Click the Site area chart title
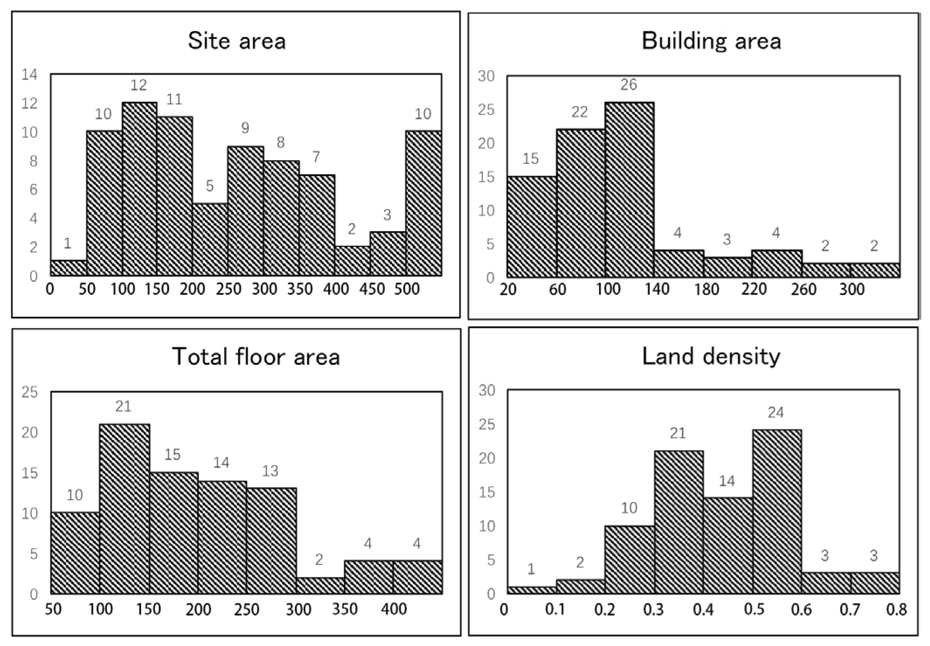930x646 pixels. [237, 41]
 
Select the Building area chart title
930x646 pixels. [711, 41]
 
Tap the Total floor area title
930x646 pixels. [256, 356]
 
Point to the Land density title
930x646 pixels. [711, 356]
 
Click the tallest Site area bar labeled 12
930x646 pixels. [139, 189]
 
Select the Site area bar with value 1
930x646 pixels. [69, 268]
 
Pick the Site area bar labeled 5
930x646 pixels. [210, 239]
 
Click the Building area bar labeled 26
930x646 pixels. [629, 190]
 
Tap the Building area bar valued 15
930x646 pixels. [532, 226]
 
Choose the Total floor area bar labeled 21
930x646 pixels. [125, 509]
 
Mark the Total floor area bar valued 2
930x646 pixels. [320, 585]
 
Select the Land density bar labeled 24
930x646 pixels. [777, 511]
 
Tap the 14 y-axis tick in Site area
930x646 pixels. [30, 75]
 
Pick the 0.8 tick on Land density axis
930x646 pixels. [896, 609]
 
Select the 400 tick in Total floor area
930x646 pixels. [394, 609]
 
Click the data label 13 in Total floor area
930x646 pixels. [271, 470]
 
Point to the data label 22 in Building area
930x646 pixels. [580, 112]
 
